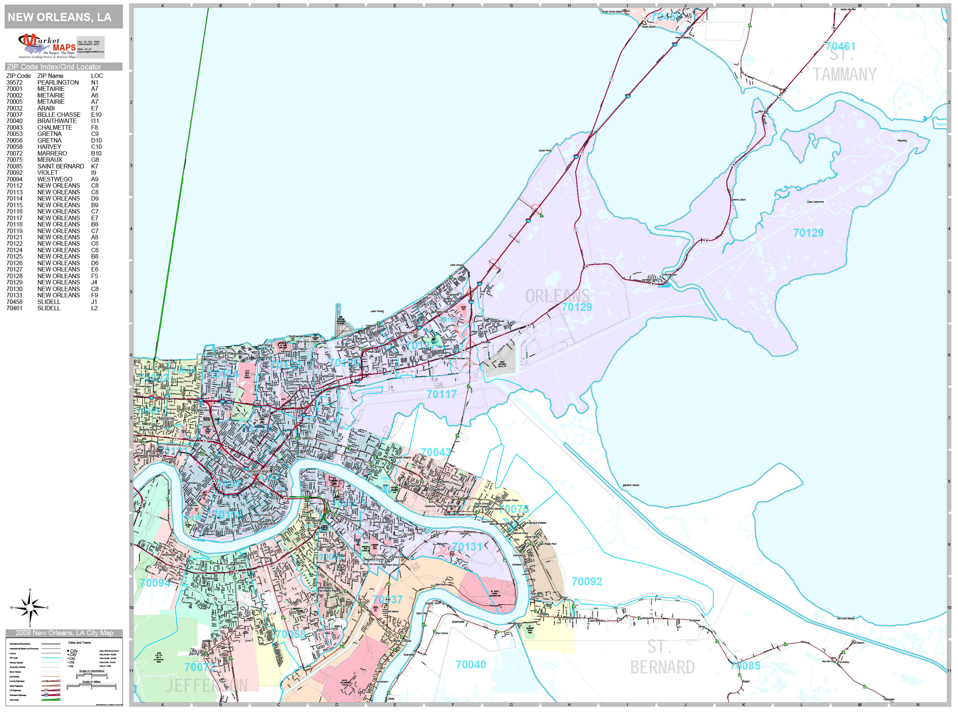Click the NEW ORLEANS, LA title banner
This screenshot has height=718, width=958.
pyautogui.click(x=60, y=17)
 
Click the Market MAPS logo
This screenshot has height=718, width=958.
pyautogui.click(x=61, y=46)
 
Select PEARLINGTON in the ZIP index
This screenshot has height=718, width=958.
pyautogui.click(x=58, y=82)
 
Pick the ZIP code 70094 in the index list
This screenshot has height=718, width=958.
pyautogui.click(x=14, y=179)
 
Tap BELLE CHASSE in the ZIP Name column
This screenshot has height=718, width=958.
pyautogui.click(x=59, y=115)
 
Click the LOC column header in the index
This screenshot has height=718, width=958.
pyautogui.click(x=96, y=76)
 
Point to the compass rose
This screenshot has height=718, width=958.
pyautogui.click(x=30, y=608)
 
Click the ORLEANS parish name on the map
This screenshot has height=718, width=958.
pyautogui.click(x=557, y=297)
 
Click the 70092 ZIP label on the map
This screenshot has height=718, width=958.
pyautogui.click(x=587, y=582)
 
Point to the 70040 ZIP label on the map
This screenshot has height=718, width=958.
pyautogui.click(x=471, y=665)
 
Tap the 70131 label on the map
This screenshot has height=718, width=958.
pyautogui.click(x=467, y=547)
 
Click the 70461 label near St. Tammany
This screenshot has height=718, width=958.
pyautogui.click(x=840, y=46)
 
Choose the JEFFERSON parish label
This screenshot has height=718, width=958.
pyautogui.click(x=207, y=685)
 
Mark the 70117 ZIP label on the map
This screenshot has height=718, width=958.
pyautogui.click(x=442, y=394)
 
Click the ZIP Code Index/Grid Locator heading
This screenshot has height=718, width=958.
pyautogui.click(x=54, y=66)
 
